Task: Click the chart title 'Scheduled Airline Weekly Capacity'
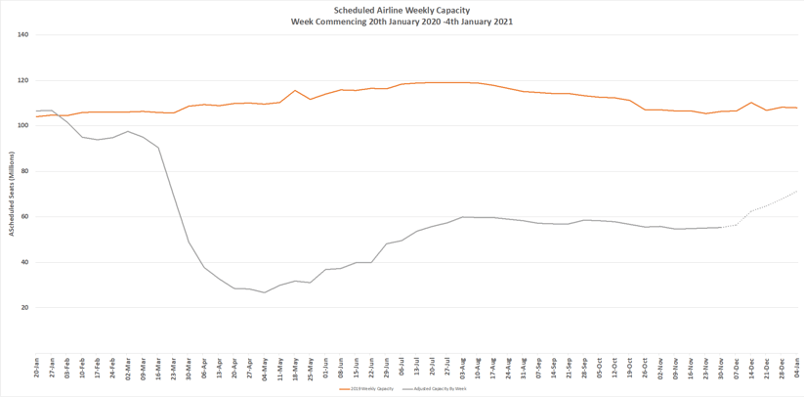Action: click(402, 11)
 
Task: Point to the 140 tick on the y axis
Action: click(23, 35)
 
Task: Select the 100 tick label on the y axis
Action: click(23, 126)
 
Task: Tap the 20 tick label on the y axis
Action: click(25, 308)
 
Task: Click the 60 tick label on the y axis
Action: click(25, 217)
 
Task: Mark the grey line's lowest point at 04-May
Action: click(265, 292)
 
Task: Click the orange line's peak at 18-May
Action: click(295, 91)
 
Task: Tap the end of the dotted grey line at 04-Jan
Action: click(797, 191)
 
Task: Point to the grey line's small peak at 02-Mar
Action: click(128, 131)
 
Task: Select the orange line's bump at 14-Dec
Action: click(751, 103)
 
